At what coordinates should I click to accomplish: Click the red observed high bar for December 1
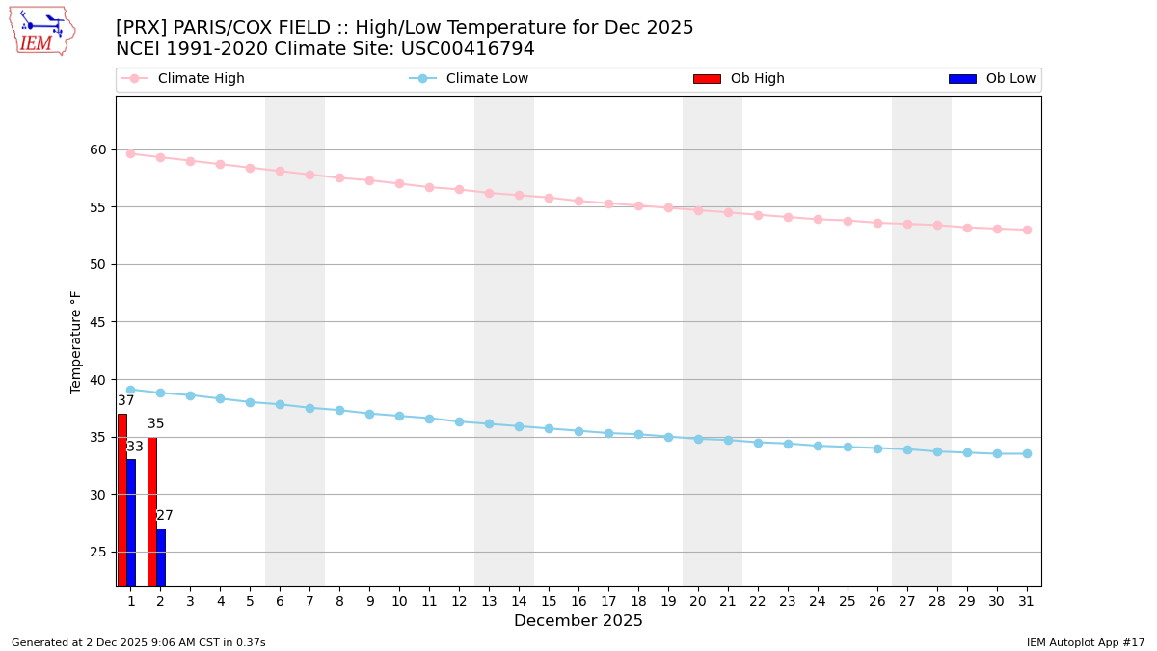click(122, 500)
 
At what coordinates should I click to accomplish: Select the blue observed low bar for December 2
click(161, 556)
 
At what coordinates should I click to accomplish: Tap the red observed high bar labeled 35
click(152, 511)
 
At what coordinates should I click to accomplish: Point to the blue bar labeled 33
click(131, 522)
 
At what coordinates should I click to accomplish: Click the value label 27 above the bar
click(165, 516)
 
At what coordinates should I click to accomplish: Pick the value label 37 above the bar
click(126, 401)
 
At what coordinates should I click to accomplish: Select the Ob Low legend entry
click(992, 79)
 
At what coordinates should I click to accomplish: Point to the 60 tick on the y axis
click(98, 149)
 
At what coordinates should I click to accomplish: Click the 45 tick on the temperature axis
click(98, 322)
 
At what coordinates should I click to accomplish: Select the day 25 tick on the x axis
click(848, 601)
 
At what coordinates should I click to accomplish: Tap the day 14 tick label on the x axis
click(519, 601)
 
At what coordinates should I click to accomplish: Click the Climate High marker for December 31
click(1027, 230)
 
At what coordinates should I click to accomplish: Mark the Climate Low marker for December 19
click(668, 437)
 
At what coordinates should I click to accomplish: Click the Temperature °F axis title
click(77, 341)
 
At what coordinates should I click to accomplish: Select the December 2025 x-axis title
click(578, 621)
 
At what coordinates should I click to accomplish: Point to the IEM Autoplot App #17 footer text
click(1085, 642)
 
